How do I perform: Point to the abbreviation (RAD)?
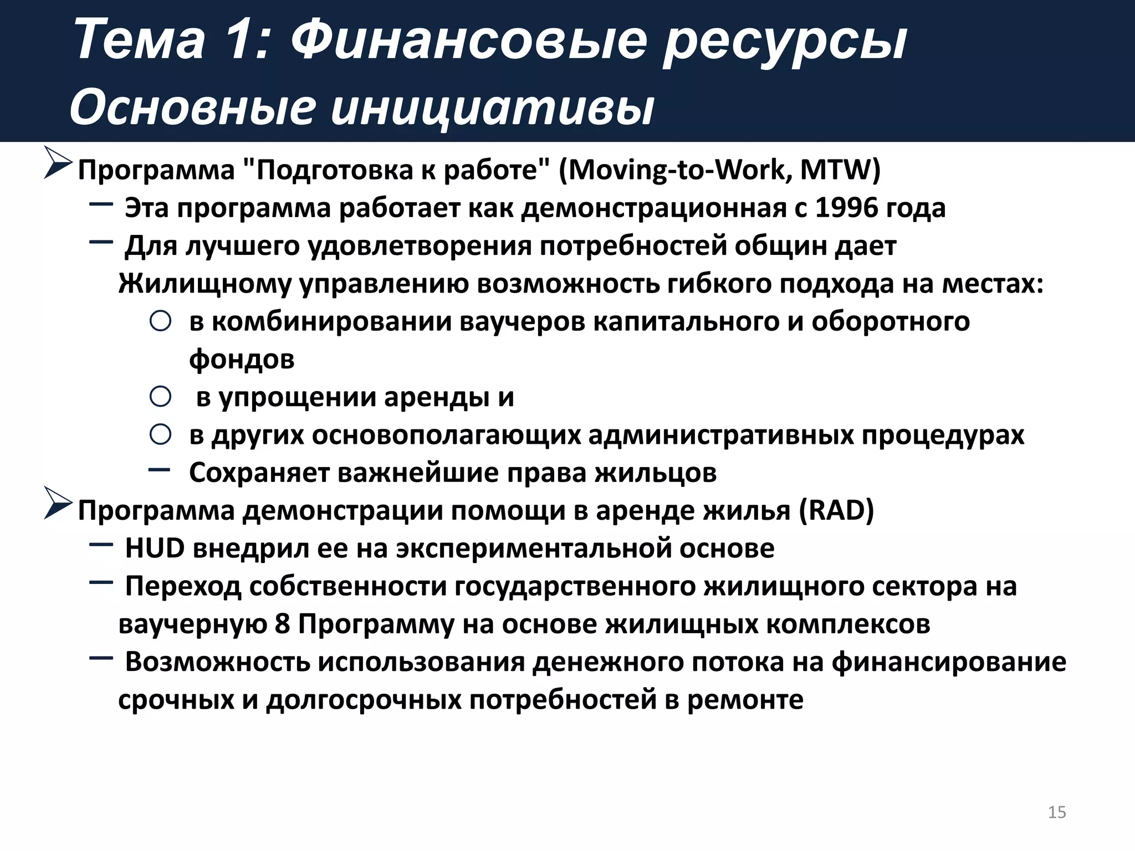[836, 510]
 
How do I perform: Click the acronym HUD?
[155, 548]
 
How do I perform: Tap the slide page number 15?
[1057, 812]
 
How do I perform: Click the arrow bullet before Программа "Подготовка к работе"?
[58, 164]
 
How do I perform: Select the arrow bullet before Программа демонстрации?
[58, 504]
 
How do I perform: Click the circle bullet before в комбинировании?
[160, 321]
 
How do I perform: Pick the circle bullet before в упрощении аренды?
[160, 397]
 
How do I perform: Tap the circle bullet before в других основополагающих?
[160, 434]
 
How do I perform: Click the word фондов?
[242, 359]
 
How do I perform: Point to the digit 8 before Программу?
[282, 624]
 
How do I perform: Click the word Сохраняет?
[259, 473]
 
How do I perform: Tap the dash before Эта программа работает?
[101, 204]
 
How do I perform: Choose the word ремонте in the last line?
[745, 699]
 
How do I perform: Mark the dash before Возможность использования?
[101, 658]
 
